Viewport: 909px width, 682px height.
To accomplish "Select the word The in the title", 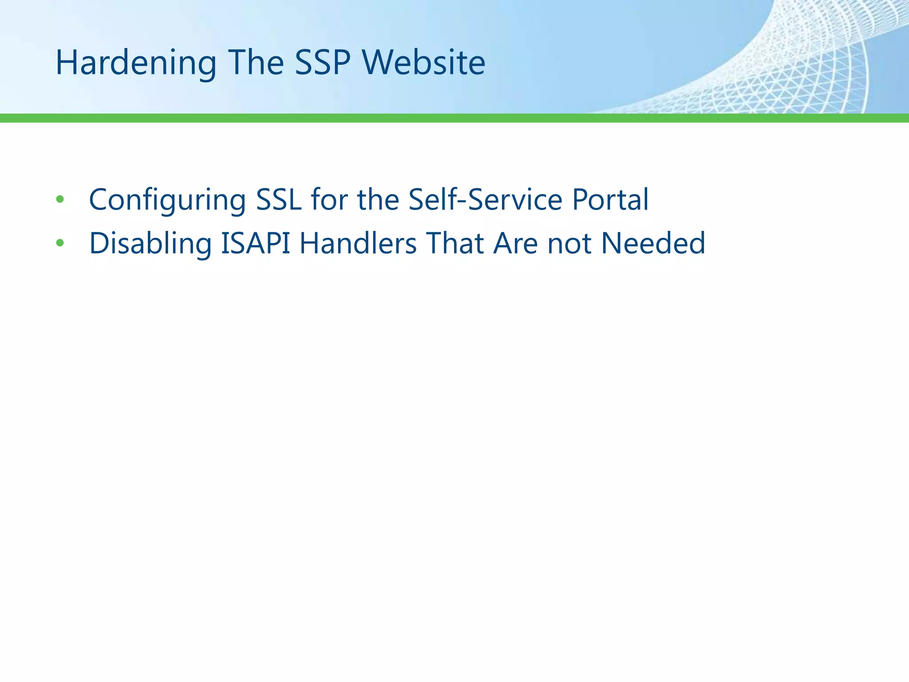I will tap(256, 63).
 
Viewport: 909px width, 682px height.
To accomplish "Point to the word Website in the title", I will tap(424, 63).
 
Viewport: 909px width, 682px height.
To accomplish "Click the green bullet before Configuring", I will tap(60, 199).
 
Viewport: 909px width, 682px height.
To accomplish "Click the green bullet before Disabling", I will tap(60, 243).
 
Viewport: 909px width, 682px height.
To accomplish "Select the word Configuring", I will tap(167, 199).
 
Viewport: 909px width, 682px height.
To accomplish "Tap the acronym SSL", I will tap(279, 199).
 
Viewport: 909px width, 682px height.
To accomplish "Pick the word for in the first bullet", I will tap(329, 199).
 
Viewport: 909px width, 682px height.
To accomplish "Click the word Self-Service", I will tap(485, 199).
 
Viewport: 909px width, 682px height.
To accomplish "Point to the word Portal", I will tap(610, 199).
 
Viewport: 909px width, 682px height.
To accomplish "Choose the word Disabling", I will tap(150, 243).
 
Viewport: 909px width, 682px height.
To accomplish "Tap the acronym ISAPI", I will tap(256, 243).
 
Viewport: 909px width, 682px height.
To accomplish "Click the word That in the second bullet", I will tap(455, 243).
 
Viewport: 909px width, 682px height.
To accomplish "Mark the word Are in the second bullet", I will tap(516, 243).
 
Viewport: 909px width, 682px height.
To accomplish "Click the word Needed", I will tap(653, 243).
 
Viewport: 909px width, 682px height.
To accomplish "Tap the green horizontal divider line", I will tap(454, 118).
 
